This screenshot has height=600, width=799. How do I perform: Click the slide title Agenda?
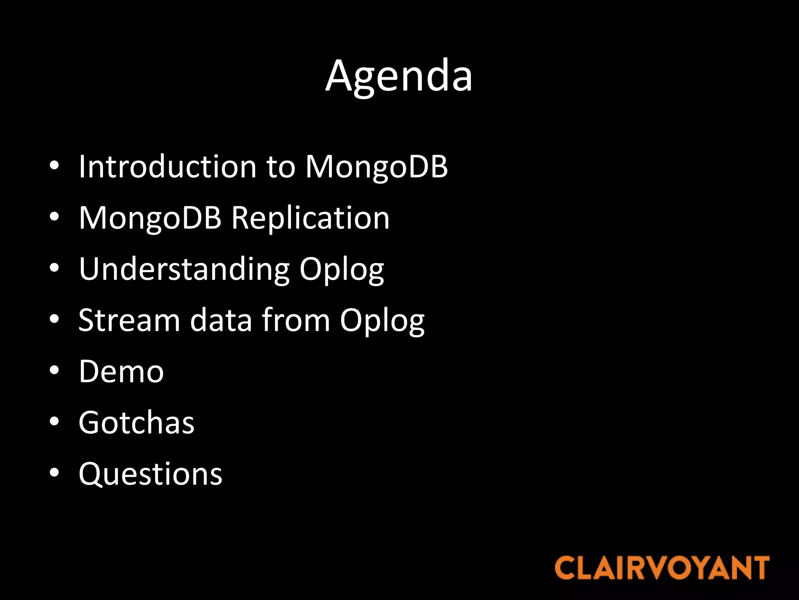click(399, 76)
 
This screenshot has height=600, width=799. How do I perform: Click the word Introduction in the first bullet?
click(167, 166)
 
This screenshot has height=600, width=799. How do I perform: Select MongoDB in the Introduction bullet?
click(376, 167)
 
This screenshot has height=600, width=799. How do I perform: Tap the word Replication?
click(310, 218)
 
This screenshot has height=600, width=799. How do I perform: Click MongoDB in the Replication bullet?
click(150, 218)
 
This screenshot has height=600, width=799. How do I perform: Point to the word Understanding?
click(184, 269)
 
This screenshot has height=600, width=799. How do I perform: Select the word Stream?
click(129, 320)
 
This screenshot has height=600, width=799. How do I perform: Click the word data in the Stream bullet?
click(221, 320)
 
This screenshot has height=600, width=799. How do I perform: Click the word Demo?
click(121, 371)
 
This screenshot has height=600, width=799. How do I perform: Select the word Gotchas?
click(137, 423)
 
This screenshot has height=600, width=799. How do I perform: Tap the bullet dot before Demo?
click(54, 370)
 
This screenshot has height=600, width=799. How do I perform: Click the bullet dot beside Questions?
click(54, 473)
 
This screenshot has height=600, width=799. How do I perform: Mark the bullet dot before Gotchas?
click(54, 421)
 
